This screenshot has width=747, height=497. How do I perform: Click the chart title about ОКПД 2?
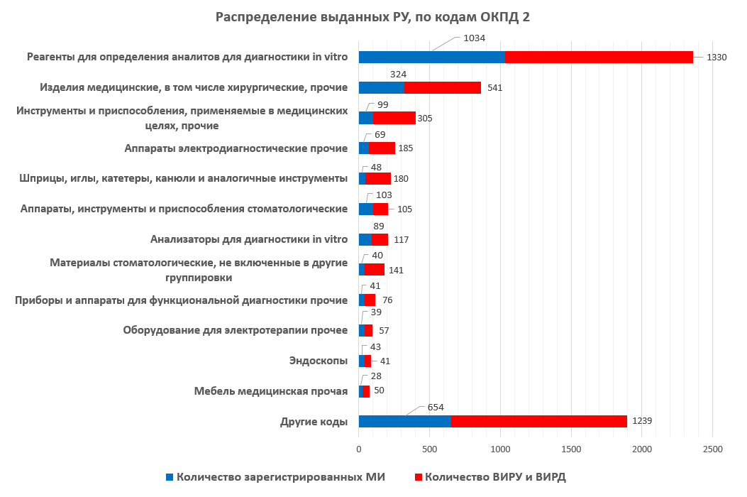pos(372,17)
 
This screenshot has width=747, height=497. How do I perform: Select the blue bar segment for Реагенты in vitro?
pos(431,58)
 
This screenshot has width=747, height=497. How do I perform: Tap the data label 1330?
pos(716,58)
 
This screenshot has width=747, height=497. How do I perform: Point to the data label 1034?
pos(473,38)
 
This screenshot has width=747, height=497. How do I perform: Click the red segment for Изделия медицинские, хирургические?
pos(442,87)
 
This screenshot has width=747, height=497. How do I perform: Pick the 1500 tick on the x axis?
pos(571,449)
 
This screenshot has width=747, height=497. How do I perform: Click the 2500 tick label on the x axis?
pos(712,449)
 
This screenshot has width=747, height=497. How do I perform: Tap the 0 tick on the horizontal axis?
pos(359,449)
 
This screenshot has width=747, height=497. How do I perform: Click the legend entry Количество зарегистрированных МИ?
pos(280,477)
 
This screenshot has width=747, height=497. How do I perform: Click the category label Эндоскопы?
pos(319,361)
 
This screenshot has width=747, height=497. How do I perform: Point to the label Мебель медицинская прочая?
pos(271,391)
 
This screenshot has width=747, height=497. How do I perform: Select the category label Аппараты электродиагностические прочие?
pos(236,148)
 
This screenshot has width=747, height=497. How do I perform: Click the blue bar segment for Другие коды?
pos(404,421)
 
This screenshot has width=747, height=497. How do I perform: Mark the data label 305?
pos(426,119)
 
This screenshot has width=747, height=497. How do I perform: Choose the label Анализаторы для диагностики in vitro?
pos(249,239)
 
